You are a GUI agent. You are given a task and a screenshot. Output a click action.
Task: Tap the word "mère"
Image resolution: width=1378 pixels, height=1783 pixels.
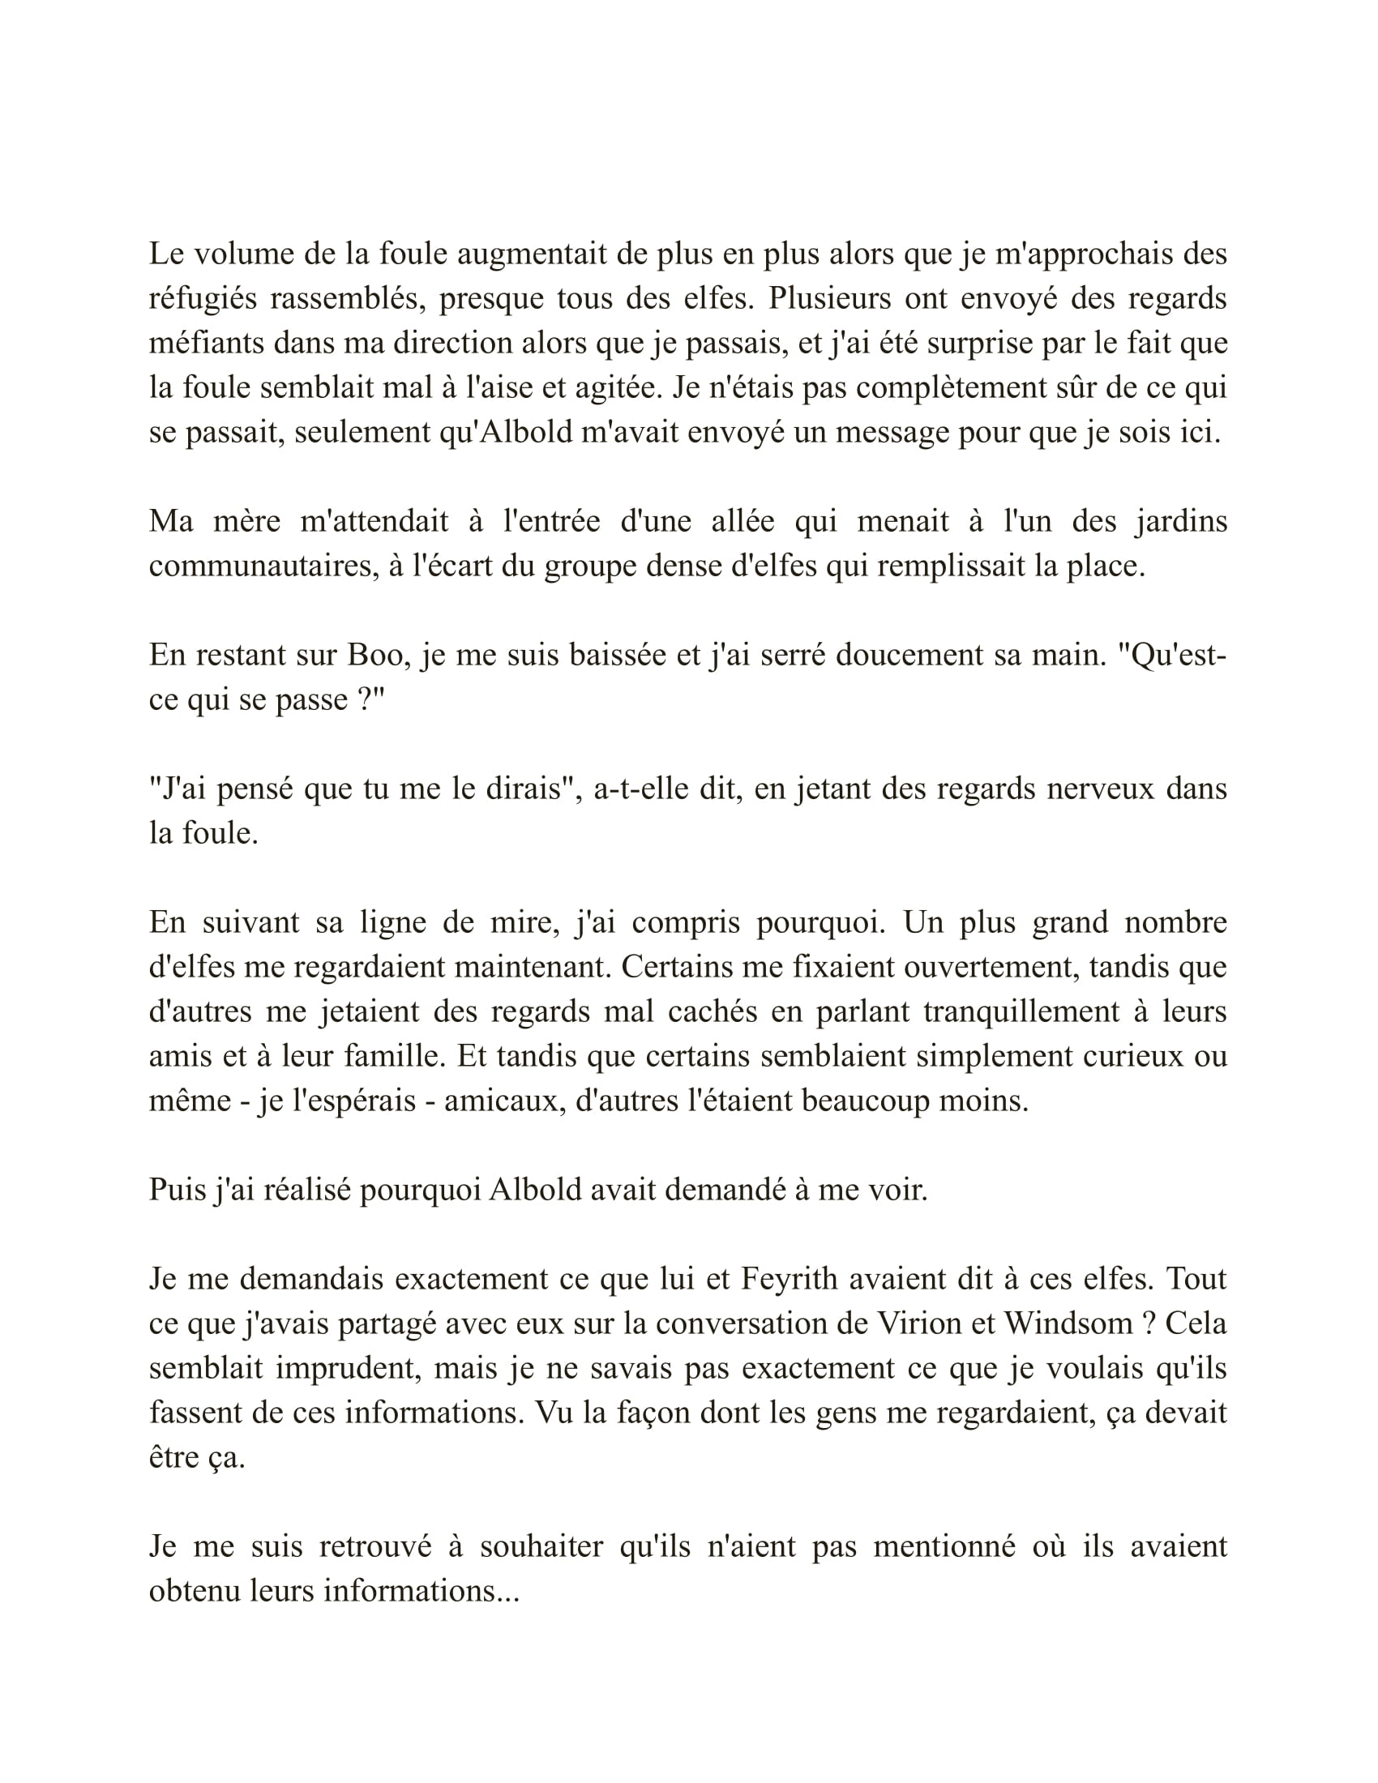coord(247,522)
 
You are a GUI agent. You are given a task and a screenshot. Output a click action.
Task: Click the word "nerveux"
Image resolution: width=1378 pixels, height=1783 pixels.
coord(1101,789)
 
